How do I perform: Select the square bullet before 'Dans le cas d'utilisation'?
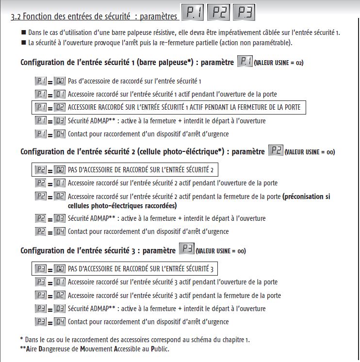(23, 33)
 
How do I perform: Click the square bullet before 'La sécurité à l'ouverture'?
(23, 43)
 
